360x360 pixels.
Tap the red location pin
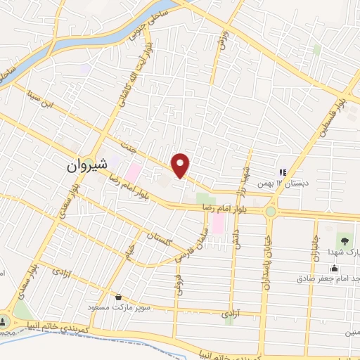[181, 165]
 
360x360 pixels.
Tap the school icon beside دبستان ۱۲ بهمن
[283, 172]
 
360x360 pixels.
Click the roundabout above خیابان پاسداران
[271, 211]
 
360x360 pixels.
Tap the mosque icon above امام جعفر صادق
[334, 267]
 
